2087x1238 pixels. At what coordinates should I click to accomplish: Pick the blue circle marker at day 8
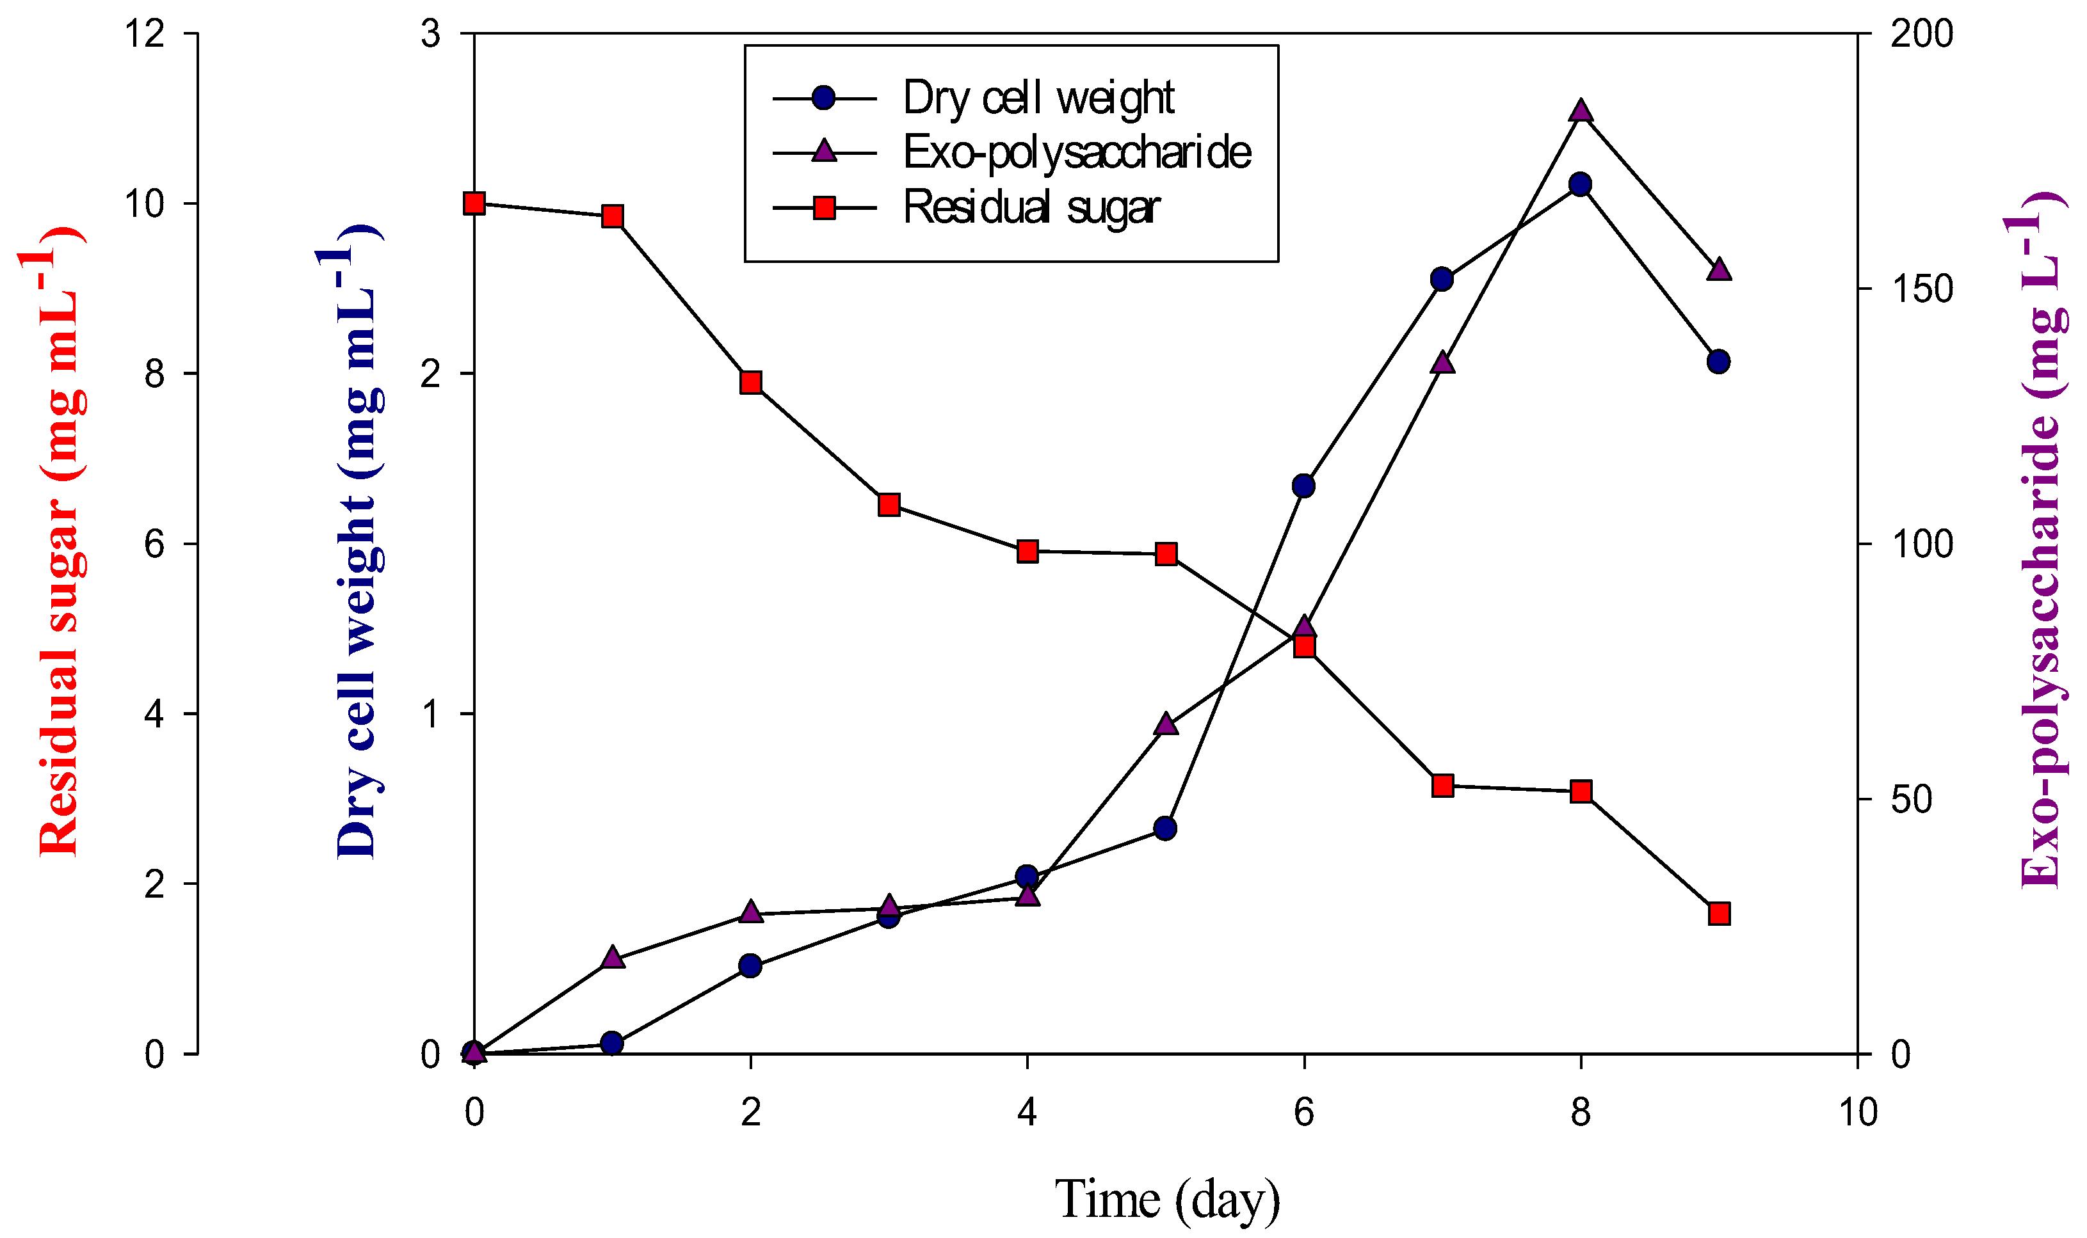(1579, 184)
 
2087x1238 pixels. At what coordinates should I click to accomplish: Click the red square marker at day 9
(1718, 914)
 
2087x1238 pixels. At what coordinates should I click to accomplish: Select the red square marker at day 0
(474, 203)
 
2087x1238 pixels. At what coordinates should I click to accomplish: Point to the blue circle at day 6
(1303, 486)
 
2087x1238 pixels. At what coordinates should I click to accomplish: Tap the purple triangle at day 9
(1718, 270)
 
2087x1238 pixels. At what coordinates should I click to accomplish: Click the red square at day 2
(751, 383)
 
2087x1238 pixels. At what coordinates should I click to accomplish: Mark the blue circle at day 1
(611, 1043)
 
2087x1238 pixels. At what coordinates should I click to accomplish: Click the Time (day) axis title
(1166, 1200)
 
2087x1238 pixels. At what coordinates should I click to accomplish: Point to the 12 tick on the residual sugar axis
(143, 34)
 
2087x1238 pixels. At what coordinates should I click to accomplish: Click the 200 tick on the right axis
(1922, 34)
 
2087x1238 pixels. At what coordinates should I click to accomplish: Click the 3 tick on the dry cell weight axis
(431, 34)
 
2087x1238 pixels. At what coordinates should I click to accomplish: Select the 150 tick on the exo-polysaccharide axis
(1922, 289)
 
